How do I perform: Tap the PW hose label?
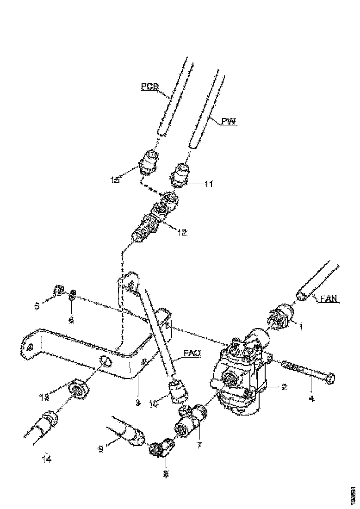(229, 122)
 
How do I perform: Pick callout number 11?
(209, 184)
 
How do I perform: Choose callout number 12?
(181, 233)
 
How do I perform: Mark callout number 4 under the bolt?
(310, 398)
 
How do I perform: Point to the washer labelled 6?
(73, 295)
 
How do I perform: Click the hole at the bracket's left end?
(31, 347)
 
